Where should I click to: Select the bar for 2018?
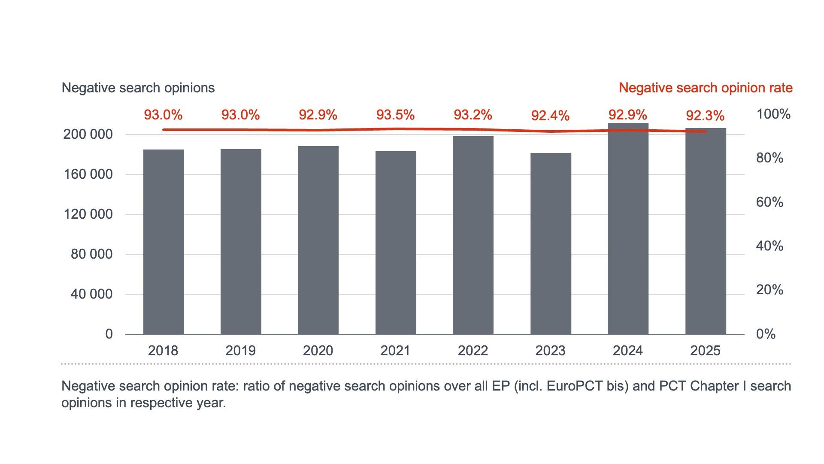pyautogui.click(x=164, y=242)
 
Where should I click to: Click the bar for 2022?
pyautogui.click(x=473, y=235)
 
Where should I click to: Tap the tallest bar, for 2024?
pyautogui.click(x=628, y=229)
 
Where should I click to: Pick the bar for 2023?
pyautogui.click(x=551, y=244)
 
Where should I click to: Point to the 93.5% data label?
pyautogui.click(x=395, y=115)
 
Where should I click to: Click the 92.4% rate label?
pyautogui.click(x=550, y=116)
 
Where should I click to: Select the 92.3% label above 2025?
pyautogui.click(x=705, y=116)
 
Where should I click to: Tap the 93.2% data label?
pyautogui.click(x=473, y=115)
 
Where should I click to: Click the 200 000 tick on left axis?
pyautogui.click(x=88, y=134)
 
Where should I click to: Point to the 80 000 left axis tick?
pyautogui.click(x=91, y=254)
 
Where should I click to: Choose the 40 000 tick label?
pyautogui.click(x=91, y=294)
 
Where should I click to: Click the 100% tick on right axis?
pyautogui.click(x=773, y=114)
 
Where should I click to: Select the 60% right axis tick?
pyautogui.click(x=769, y=202)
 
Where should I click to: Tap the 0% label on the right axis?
pyautogui.click(x=766, y=334)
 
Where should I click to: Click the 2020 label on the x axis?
pyautogui.click(x=318, y=351)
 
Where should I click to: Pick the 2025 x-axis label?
pyautogui.click(x=705, y=351)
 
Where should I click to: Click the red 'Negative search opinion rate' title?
pyautogui.click(x=706, y=88)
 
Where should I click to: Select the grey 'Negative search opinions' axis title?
pyautogui.click(x=138, y=88)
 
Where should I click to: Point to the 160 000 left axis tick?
pyautogui.click(x=88, y=174)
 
